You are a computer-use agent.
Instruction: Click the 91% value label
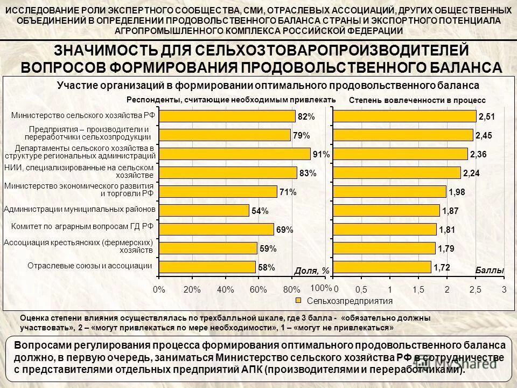coord(321,155)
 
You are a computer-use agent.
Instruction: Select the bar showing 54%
coord(205,210)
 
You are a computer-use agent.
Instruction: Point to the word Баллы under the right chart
coord(489,270)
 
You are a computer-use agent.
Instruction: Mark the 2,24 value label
coord(471,174)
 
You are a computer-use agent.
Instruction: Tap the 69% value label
coord(284,230)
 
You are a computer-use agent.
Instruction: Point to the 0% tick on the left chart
coord(159,289)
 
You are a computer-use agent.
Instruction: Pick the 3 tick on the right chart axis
coord(504,289)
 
